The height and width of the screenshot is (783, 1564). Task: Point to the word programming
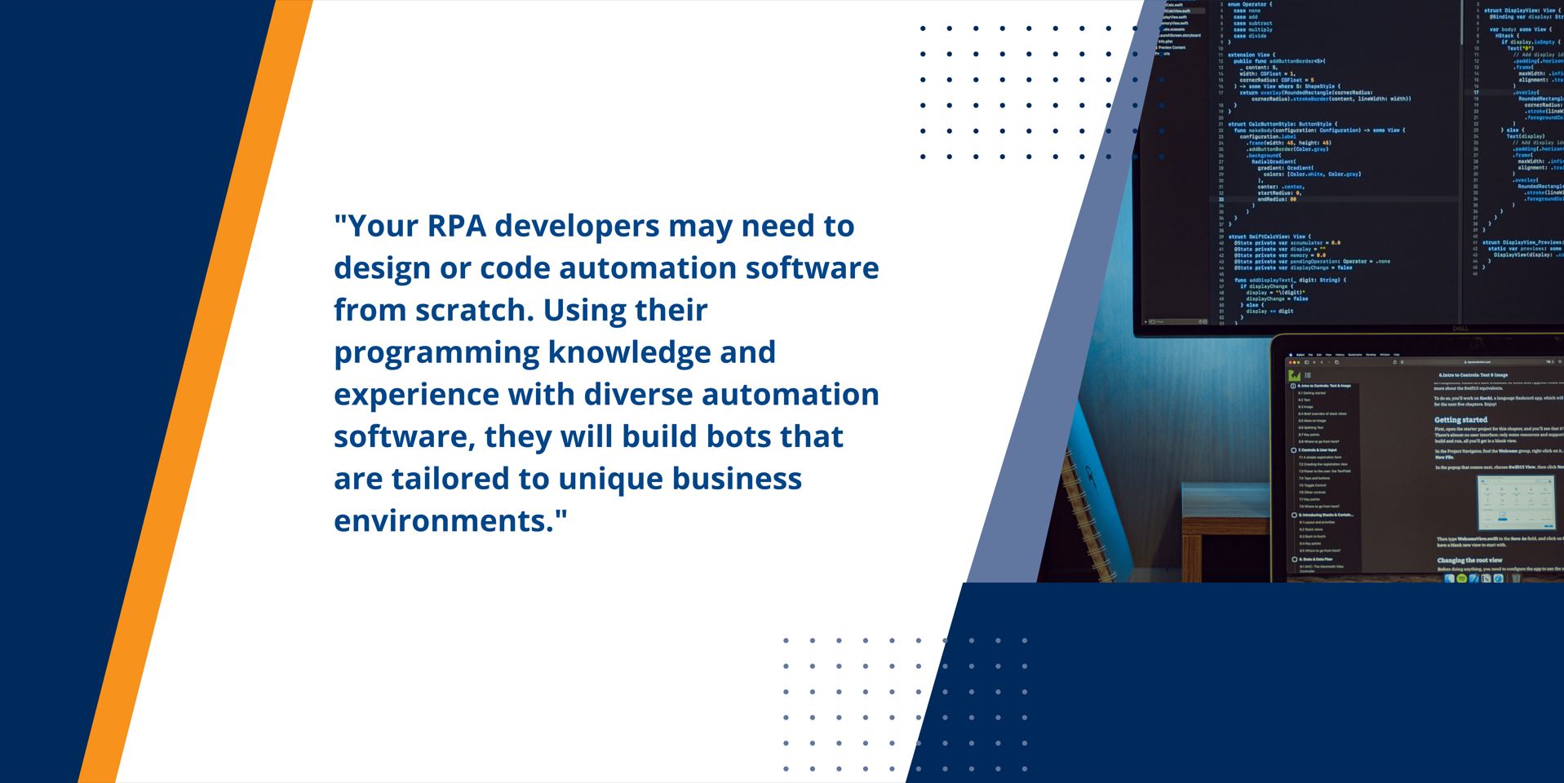click(x=436, y=353)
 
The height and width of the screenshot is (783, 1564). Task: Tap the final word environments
click(x=450, y=521)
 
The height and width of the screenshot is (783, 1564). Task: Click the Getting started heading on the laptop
click(x=1460, y=420)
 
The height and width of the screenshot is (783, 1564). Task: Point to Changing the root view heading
click(x=1469, y=560)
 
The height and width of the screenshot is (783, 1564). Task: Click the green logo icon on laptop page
click(x=1294, y=375)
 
